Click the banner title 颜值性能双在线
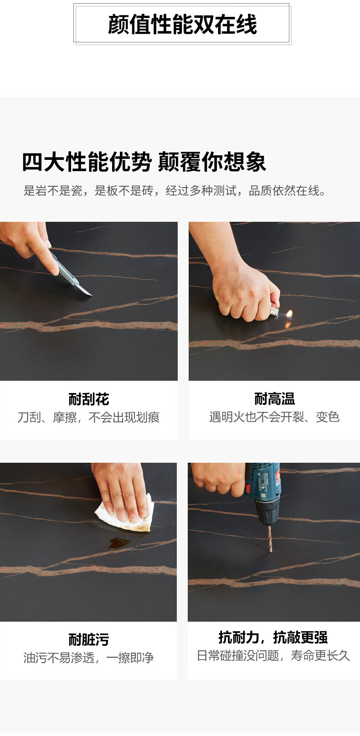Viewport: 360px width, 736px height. pyautogui.click(x=182, y=24)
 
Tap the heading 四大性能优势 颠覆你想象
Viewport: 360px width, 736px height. pyautogui.click(x=144, y=162)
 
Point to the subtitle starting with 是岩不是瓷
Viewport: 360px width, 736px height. pyautogui.click(x=175, y=190)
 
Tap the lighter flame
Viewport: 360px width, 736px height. pyautogui.click(x=289, y=314)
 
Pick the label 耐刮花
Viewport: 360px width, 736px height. pyautogui.click(x=89, y=399)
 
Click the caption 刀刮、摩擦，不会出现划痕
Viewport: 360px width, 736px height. pyautogui.click(x=88, y=417)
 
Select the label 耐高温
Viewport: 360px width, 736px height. pyautogui.click(x=274, y=399)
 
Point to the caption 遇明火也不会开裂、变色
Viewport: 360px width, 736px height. pyautogui.click(x=274, y=417)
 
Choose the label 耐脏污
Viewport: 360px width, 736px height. pyautogui.click(x=89, y=640)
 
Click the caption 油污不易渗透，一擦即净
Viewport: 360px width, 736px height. pyautogui.click(x=88, y=658)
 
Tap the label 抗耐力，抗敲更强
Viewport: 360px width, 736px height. pyautogui.click(x=273, y=638)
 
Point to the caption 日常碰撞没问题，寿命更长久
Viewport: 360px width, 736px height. pyautogui.click(x=273, y=655)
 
